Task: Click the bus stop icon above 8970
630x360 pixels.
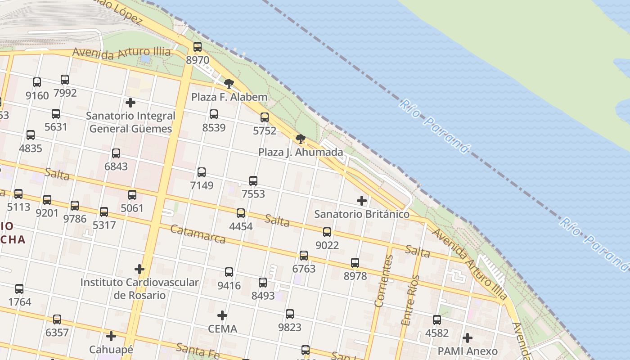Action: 197,47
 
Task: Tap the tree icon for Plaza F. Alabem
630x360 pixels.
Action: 229,83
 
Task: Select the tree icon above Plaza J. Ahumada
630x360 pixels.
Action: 300,139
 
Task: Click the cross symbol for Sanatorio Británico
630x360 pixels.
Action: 361,201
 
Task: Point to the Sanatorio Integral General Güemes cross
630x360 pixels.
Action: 130,103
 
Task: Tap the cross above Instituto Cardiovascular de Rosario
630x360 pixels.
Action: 139,269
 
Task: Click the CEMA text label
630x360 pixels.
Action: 222,329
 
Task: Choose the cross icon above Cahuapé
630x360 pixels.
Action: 111,336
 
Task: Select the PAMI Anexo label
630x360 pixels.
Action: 468,351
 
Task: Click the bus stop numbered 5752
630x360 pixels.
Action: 265,117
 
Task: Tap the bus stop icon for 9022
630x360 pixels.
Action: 327,232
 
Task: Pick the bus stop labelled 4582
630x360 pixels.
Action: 437,320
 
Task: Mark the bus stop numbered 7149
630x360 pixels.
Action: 202,172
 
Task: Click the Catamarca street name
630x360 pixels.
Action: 198,234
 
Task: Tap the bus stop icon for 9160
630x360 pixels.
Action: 37,82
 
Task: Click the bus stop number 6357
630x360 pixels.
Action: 57,333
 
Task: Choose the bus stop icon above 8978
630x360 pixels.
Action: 355,263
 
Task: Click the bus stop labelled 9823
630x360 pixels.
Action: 290,314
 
